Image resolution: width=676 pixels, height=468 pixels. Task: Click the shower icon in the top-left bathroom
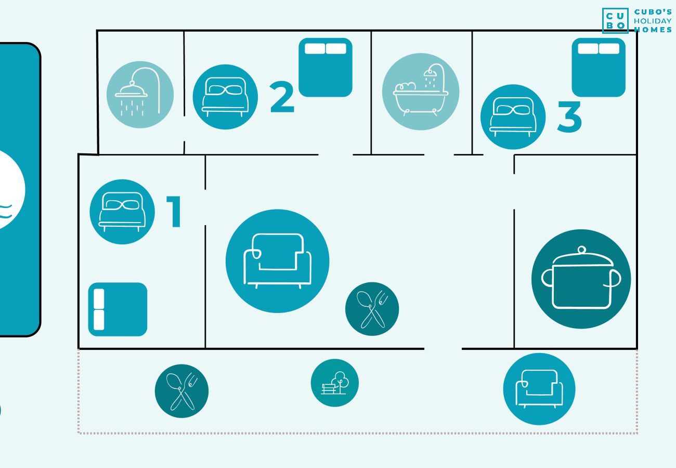pos(140,95)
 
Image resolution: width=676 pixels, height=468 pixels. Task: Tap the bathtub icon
pos(421,92)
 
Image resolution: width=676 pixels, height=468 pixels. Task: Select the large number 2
pos(282,97)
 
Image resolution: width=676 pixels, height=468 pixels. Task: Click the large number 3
pos(569,116)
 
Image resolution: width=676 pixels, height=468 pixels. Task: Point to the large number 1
pos(174,211)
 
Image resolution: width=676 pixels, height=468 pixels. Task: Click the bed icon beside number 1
pos(122,212)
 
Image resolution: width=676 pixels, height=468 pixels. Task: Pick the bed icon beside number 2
pos(225,97)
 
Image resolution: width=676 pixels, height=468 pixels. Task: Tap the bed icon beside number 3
pos(513,117)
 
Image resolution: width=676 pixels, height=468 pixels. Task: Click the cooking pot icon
pos(581,279)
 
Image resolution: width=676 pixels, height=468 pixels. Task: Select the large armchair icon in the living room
pos(277,261)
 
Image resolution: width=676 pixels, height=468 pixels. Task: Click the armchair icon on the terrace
pos(539,389)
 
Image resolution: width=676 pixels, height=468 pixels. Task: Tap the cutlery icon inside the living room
pos(372,309)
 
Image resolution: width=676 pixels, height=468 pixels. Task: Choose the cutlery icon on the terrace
pos(181,391)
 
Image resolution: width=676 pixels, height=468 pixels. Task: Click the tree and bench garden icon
pos(335,383)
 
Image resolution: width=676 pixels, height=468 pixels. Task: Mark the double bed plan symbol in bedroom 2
pos(326,67)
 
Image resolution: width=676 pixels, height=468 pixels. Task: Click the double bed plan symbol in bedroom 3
pos(599,67)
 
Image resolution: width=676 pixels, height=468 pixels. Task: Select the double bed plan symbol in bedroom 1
pos(118,309)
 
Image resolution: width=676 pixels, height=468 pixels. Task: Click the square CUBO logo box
pos(615,21)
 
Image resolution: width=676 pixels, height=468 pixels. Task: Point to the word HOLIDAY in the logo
pos(653,21)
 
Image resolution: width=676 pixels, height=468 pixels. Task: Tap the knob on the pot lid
pos(581,250)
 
